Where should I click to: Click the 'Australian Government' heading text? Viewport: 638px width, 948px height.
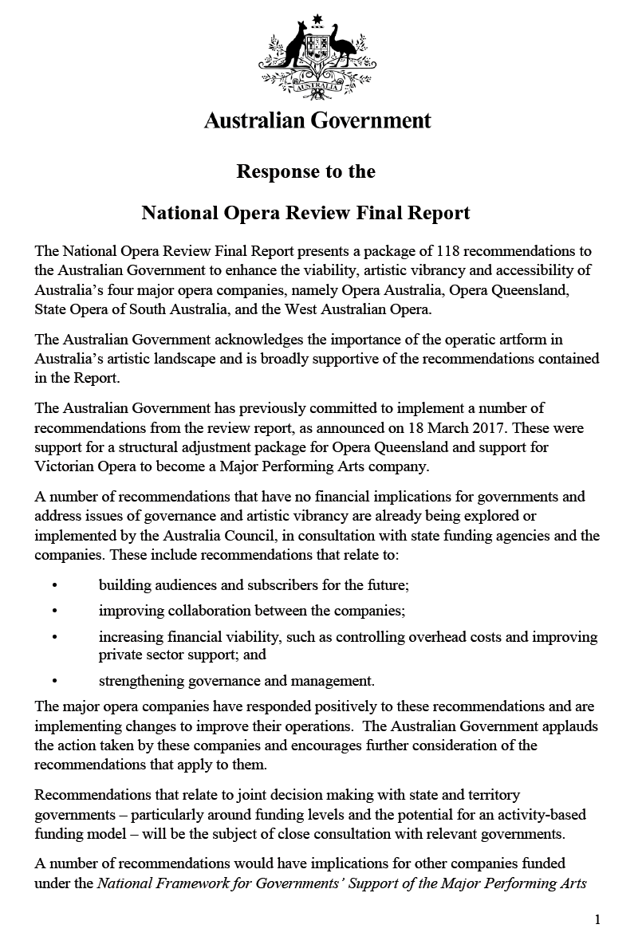click(x=317, y=120)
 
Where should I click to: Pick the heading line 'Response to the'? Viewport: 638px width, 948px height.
click(x=305, y=171)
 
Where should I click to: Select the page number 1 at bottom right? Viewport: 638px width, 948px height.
click(x=597, y=919)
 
